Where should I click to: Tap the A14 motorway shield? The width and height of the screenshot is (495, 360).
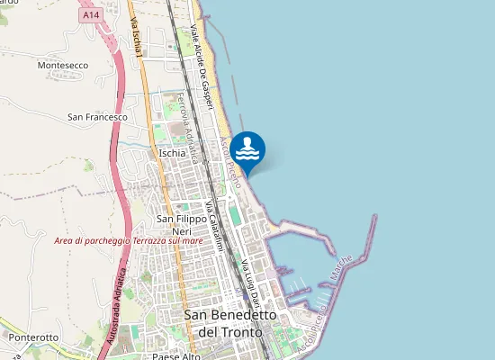(90, 15)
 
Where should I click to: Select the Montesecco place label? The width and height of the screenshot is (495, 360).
(63, 66)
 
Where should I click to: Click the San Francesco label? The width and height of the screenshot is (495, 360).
(97, 117)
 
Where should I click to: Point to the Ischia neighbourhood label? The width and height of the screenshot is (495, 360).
(172, 153)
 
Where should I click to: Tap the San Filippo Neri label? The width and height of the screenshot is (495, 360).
(176, 225)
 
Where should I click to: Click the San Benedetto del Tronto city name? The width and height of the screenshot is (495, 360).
(223, 323)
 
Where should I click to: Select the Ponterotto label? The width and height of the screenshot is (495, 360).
(32, 337)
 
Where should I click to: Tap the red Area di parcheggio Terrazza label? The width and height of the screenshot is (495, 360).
(128, 240)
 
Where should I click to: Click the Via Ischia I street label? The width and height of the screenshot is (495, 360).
(137, 40)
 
